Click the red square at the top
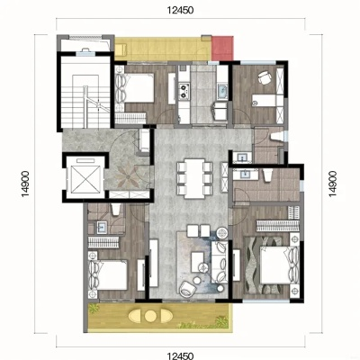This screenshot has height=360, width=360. (x=222, y=48)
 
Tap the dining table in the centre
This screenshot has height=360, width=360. (x=194, y=178)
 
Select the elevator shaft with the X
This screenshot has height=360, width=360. (x=84, y=177)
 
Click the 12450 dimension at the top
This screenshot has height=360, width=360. (x=181, y=11)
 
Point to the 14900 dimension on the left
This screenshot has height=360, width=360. (x=25, y=184)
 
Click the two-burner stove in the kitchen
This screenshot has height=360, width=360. (x=184, y=91)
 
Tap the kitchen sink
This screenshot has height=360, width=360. (x=222, y=92)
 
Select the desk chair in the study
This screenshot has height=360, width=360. (x=265, y=77)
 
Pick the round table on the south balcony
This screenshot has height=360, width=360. (x=150, y=316)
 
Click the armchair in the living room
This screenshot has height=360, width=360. (x=187, y=289)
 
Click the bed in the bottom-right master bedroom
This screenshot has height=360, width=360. (x=279, y=265)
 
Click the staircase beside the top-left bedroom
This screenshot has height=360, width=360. (x=85, y=92)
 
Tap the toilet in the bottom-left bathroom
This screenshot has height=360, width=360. (x=115, y=209)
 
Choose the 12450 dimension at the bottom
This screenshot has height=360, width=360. (x=181, y=356)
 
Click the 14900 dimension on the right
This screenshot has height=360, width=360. (x=333, y=184)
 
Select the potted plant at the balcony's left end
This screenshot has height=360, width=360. (x=94, y=309)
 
